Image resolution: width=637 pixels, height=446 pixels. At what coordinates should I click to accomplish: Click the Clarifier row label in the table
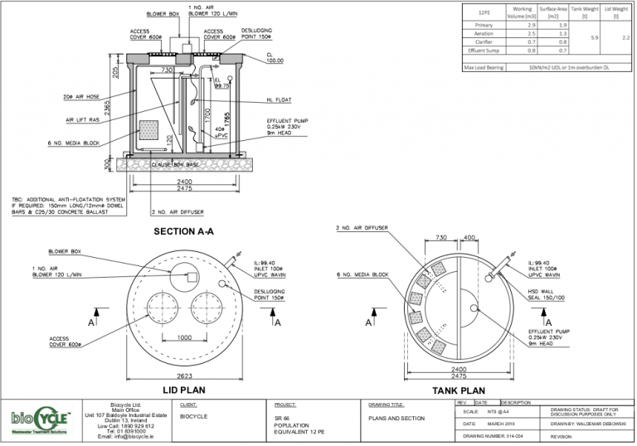pyautogui.click(x=484, y=41)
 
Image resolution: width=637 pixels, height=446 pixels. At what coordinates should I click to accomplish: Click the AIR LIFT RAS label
pyautogui.click(x=83, y=120)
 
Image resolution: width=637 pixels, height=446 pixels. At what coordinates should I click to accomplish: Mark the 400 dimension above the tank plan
pyautogui.click(x=469, y=238)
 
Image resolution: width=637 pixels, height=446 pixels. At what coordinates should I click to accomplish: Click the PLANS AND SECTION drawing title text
pyautogui.click(x=396, y=419)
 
